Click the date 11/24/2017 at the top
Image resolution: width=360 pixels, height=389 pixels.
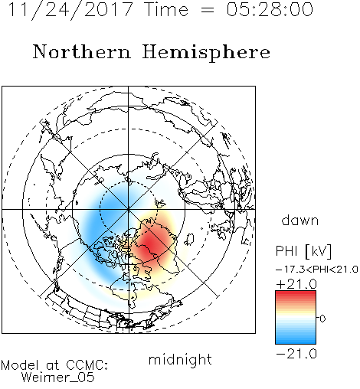[70, 10]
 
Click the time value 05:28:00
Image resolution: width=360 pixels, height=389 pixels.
[270, 9]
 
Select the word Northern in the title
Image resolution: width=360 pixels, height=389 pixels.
[82, 51]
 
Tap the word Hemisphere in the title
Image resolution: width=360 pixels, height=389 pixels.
[206, 52]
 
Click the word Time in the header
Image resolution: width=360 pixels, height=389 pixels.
[166, 9]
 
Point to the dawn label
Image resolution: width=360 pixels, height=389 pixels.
[299, 220]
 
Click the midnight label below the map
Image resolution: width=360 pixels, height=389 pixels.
[180, 359]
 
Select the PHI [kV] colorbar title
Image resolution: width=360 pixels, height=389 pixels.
[303, 251]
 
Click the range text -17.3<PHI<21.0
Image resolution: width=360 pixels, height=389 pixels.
[316, 270]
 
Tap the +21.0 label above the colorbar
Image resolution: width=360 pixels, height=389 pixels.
[296, 284]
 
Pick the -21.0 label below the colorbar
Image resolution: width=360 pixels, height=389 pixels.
[296, 354]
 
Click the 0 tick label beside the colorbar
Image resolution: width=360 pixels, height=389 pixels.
[322, 319]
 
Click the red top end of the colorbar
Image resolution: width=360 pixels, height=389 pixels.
[296, 293]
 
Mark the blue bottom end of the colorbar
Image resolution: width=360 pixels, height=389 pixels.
[296, 342]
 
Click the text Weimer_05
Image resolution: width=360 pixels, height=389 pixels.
[57, 378]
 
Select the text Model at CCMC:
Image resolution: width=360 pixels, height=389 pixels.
[54, 365]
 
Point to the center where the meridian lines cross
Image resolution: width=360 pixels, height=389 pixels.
[129, 209]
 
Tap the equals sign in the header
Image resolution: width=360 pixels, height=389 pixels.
[207, 10]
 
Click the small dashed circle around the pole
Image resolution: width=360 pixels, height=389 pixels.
[129, 181]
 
